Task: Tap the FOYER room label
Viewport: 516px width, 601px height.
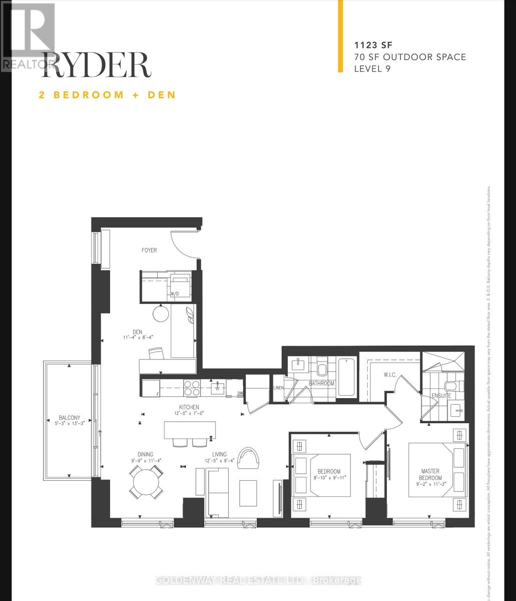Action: click(x=149, y=250)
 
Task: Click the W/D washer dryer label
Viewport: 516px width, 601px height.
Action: click(x=175, y=294)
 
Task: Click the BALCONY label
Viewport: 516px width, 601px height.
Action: click(x=69, y=418)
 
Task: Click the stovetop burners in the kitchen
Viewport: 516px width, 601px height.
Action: click(x=192, y=388)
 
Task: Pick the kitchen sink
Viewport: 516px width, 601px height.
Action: click(x=218, y=387)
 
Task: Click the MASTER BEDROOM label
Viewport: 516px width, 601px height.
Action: click(x=430, y=474)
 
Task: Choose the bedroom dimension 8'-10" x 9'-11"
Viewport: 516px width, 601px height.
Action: click(x=328, y=478)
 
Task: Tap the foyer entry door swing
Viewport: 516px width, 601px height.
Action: click(x=184, y=244)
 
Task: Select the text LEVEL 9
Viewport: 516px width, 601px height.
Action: click(x=372, y=69)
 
